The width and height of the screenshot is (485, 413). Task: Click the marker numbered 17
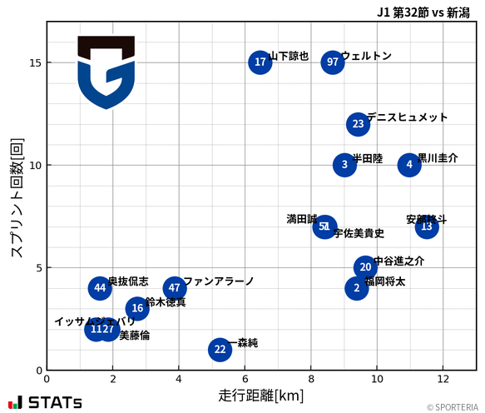coord(260,62)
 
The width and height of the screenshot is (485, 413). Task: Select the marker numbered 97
coord(333,62)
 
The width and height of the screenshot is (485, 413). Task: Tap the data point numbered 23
coord(358,124)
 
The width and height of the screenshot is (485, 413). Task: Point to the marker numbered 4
coord(409,165)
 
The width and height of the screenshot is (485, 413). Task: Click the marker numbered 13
coord(427,226)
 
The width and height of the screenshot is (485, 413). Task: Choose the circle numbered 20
coord(365,267)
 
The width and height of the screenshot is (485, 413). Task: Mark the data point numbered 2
coord(357,288)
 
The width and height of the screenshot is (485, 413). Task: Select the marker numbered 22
coord(220,350)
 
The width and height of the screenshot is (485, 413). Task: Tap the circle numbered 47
coord(175,288)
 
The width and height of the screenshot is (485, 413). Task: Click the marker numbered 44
coord(101,288)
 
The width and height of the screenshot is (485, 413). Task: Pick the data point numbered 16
coord(137,309)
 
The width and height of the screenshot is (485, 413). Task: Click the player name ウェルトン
coord(366,56)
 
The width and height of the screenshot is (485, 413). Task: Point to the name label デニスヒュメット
coord(407,117)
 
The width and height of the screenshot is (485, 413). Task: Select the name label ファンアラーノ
coord(218,281)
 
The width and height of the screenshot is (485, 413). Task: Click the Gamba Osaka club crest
coord(106,72)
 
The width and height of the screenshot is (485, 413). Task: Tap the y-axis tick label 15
coord(32,62)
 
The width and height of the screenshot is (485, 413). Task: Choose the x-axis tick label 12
coord(443,378)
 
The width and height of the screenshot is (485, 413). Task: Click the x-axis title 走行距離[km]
coord(260,395)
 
